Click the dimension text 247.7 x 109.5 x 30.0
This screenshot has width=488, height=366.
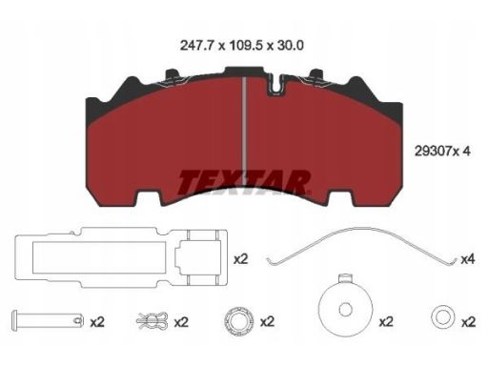(242, 46)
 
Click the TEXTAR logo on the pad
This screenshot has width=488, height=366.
(244, 183)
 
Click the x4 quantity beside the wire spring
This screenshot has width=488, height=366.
(468, 259)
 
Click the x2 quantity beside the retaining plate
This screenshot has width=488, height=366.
(240, 259)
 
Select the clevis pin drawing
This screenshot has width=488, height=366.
(48, 320)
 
